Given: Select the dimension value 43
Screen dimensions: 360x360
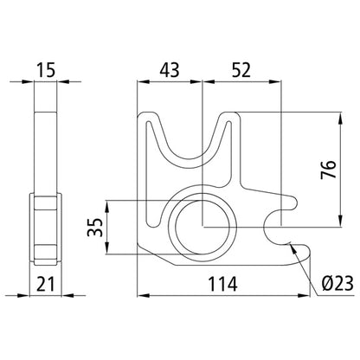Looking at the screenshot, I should coord(170,68).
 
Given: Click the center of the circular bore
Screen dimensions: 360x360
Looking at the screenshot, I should coord(202,227).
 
